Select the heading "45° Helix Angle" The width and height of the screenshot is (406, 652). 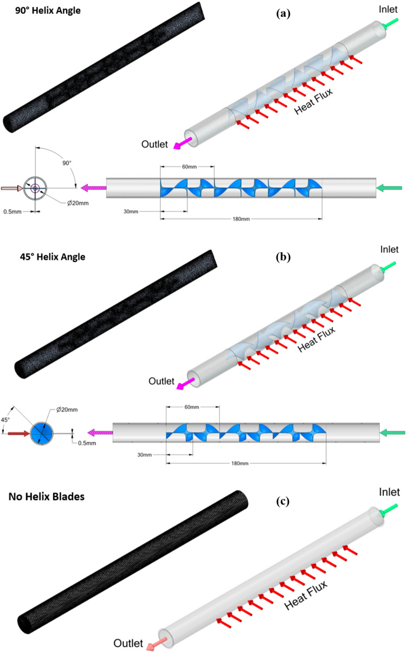(46, 257)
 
